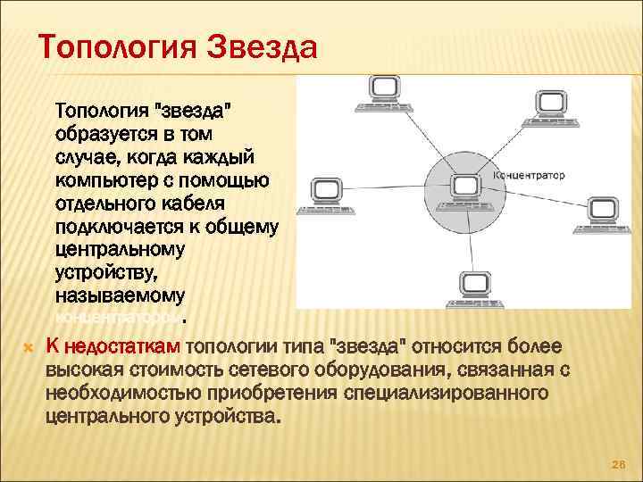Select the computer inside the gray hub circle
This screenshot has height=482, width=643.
pos(464,187)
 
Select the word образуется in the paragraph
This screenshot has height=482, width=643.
pos(103,135)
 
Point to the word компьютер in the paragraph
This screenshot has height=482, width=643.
pos(105,181)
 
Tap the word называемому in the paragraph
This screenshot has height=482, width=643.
pos(119,295)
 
